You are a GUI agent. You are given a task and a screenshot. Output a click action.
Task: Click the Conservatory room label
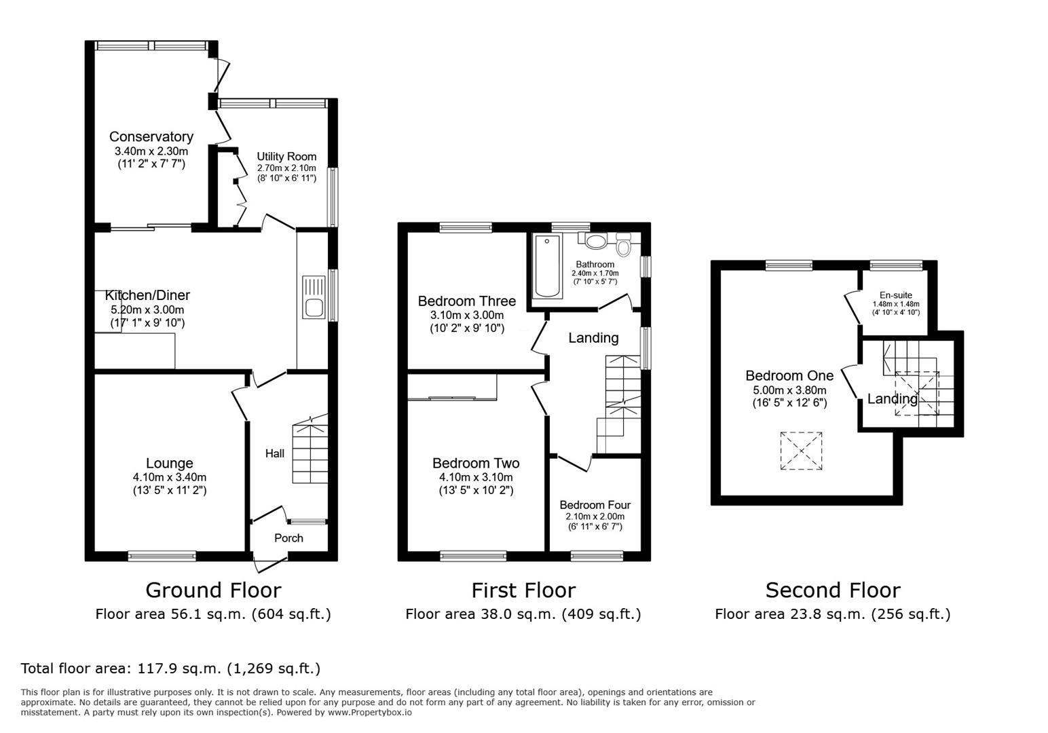click(151, 137)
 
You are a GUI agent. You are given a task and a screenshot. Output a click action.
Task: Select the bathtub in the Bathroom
click(547, 267)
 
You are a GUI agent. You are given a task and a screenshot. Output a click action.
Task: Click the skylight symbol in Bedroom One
click(802, 451)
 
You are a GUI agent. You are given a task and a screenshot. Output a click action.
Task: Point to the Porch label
click(288, 538)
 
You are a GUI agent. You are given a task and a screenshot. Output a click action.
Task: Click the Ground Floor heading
click(213, 590)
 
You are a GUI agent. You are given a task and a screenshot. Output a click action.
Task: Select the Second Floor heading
click(832, 590)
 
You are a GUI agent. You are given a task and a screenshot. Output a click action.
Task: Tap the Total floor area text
click(170, 669)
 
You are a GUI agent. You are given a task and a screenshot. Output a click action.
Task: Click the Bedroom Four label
click(595, 505)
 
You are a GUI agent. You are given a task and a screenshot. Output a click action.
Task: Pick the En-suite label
click(895, 295)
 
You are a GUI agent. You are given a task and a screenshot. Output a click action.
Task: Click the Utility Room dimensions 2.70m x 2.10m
click(286, 168)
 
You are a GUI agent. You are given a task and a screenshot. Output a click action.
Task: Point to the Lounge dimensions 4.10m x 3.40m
click(170, 477)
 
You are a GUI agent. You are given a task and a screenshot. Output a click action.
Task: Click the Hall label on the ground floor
click(274, 453)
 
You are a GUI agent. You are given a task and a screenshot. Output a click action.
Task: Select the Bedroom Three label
click(466, 301)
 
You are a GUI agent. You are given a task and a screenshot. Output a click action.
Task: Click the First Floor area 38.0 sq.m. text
click(523, 614)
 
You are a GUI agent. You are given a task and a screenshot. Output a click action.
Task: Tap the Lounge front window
click(162, 556)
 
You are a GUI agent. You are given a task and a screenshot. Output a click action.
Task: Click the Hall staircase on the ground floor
click(310, 451)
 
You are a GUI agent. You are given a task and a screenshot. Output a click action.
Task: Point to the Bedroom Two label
click(476, 464)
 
